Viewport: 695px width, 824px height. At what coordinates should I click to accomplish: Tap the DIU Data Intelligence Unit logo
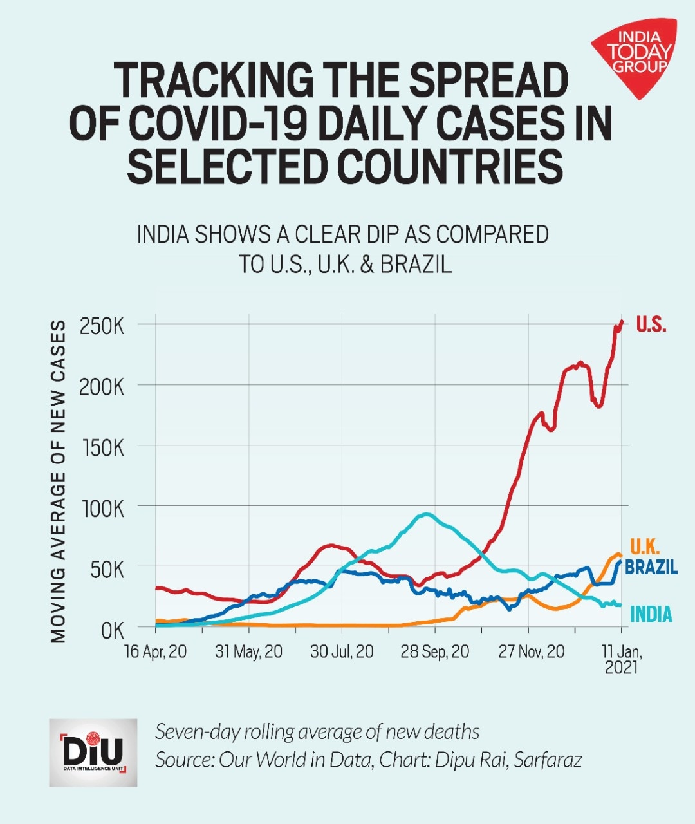pos(93,753)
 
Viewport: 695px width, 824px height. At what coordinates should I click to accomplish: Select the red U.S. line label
pos(651,324)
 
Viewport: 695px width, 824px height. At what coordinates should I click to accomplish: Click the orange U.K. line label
pos(644,547)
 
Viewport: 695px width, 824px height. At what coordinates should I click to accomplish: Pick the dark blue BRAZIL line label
pos(651,568)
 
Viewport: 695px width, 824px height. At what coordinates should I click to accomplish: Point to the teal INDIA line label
pos(651,615)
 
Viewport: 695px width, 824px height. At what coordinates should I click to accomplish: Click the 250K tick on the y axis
pos(102,326)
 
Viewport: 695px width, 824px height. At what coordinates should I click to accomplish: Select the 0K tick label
pos(112,631)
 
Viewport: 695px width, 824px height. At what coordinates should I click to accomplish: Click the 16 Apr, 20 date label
pos(156,652)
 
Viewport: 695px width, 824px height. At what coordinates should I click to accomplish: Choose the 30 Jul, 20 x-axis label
pos(342,652)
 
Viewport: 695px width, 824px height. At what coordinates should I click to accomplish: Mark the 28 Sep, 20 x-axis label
pos(435,652)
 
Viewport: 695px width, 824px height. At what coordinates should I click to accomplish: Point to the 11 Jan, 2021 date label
pos(621,659)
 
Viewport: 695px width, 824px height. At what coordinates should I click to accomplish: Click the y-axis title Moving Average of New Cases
pos(59,482)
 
